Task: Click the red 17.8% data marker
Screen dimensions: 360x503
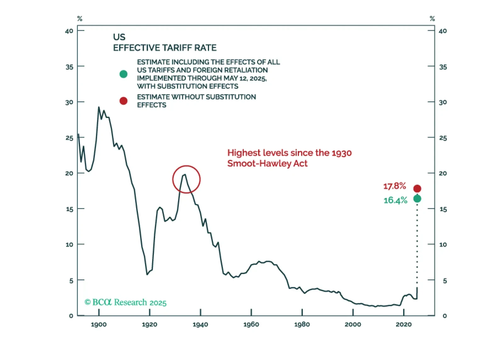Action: coord(417,188)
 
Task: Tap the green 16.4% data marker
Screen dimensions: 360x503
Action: coord(417,199)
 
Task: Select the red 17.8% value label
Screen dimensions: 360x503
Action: coord(394,186)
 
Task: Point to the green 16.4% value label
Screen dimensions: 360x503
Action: coord(395,200)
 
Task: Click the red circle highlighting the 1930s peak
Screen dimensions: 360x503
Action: coord(186,179)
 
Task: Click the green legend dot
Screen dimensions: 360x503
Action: coord(123,74)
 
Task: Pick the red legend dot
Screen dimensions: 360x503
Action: coord(123,101)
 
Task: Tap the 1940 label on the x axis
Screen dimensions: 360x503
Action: coord(200,324)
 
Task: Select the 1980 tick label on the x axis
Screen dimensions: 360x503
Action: coord(302,324)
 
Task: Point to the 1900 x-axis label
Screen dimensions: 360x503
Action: coord(99,324)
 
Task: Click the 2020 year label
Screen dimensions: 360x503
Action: coord(404,324)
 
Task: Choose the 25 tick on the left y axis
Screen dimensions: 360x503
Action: coord(69,138)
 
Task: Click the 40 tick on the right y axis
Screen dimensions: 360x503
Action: coord(443,31)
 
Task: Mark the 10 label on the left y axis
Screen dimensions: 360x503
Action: coord(69,245)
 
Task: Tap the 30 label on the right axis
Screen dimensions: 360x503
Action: coord(443,102)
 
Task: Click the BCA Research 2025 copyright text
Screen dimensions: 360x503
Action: coord(126,302)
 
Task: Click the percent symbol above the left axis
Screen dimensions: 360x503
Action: coord(80,19)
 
